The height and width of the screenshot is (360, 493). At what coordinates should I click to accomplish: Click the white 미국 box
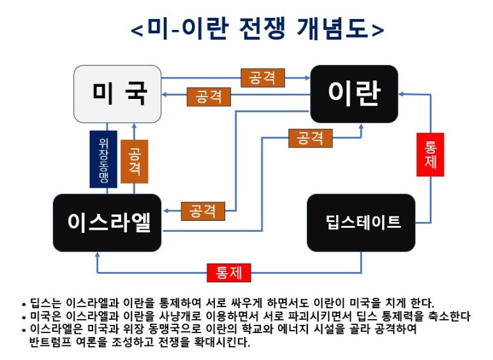[117, 94]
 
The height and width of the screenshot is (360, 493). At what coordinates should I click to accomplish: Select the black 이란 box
[354, 94]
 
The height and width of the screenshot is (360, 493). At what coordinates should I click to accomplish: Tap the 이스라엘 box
[107, 222]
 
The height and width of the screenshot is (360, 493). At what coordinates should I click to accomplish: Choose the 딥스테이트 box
[361, 222]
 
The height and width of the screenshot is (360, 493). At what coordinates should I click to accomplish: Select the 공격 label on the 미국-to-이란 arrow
[263, 78]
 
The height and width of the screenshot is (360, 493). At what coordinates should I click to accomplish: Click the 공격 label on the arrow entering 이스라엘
[203, 211]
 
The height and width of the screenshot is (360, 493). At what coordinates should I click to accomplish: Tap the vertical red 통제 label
[430, 154]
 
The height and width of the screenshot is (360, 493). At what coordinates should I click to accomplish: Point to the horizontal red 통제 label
[230, 273]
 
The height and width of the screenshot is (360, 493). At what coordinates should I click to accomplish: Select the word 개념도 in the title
[328, 29]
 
